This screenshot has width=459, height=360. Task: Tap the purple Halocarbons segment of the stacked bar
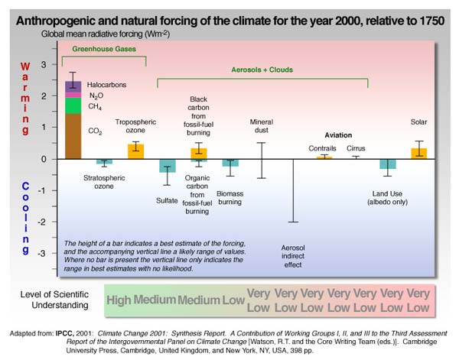(73, 86)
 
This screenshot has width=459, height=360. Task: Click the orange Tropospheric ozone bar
(135, 151)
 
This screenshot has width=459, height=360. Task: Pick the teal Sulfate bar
(167, 166)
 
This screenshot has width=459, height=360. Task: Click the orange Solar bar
(418, 153)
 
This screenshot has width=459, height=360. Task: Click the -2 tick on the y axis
(50, 222)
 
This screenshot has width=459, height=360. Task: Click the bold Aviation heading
(338, 135)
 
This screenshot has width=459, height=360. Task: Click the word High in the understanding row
(119, 300)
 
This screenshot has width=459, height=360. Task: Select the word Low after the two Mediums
(233, 300)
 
